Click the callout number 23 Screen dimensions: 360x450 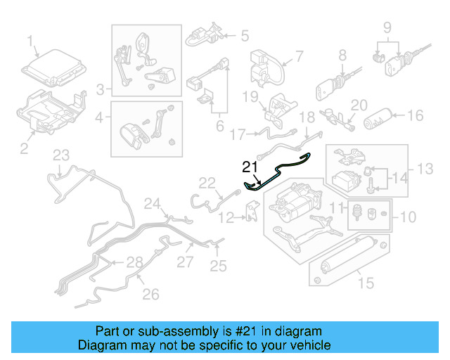click(x=61, y=155)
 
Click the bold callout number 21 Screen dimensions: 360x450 click(x=250, y=167)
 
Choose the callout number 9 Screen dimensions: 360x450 click(x=386, y=28)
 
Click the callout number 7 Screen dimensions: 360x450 click(x=298, y=56)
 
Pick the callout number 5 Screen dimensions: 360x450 click(x=245, y=34)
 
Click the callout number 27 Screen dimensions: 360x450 click(x=184, y=262)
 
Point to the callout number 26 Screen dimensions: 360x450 click(x=150, y=294)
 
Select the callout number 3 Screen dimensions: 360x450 click(x=101, y=89)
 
